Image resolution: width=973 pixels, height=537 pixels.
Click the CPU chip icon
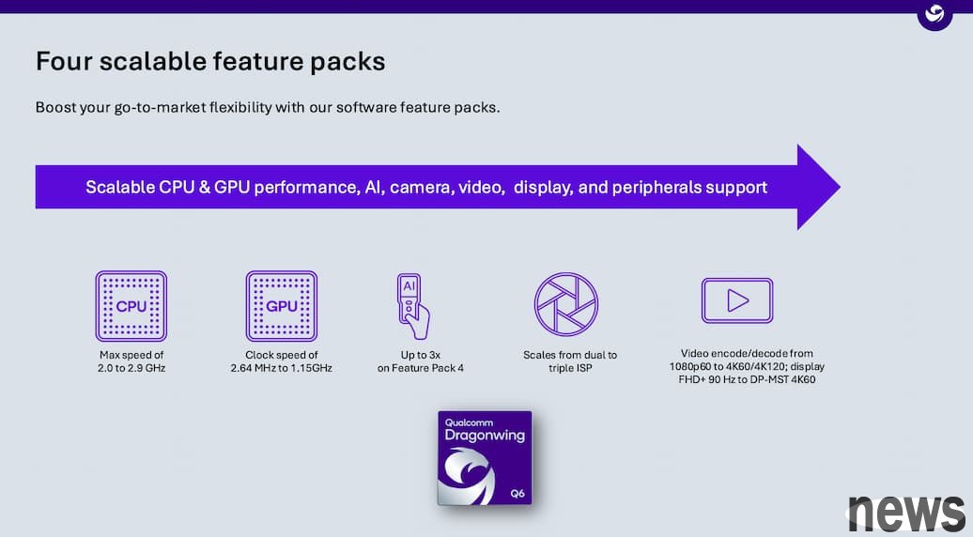coord(131,306)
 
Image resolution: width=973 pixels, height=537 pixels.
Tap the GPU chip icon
coord(282,306)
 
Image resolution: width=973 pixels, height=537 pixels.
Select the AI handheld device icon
coord(413,306)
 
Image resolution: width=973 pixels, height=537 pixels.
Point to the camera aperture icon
coord(566,304)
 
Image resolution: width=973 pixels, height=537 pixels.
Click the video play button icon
coord(737,300)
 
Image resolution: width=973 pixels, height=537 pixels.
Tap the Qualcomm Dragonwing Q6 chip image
coord(485,457)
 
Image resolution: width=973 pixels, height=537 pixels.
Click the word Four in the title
coord(63,61)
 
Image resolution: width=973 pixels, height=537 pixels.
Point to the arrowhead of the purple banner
coord(818,187)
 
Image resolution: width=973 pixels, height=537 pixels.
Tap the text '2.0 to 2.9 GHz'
coord(131,368)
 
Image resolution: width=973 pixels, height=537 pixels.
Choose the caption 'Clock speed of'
coord(282,355)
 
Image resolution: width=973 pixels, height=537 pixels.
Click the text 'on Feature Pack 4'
coord(421,368)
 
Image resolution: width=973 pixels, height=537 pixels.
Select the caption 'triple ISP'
coord(570,368)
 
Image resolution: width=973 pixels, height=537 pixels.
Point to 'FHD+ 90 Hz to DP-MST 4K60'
coord(748,379)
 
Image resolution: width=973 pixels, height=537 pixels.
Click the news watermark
coord(906,514)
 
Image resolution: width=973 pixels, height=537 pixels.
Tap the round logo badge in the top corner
coord(934,14)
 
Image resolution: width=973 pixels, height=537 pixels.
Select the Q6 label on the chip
coord(517,494)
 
